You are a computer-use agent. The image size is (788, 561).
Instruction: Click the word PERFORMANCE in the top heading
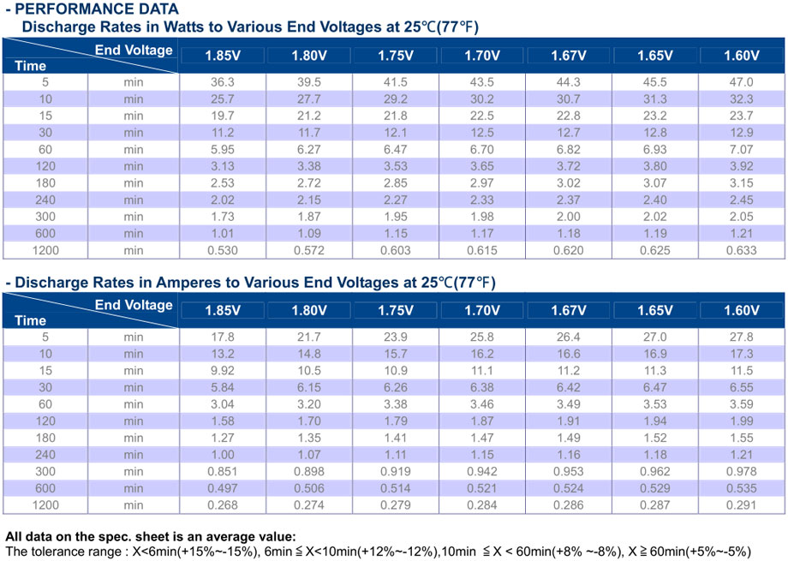coord(68,9)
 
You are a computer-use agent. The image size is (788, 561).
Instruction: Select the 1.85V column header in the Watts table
coord(223,56)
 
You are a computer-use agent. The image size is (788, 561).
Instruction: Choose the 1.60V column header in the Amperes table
coord(741,310)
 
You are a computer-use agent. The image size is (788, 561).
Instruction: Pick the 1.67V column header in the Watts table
coord(569,56)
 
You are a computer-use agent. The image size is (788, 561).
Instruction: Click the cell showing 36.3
coord(223,82)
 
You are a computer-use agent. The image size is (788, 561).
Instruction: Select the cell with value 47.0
coord(741,82)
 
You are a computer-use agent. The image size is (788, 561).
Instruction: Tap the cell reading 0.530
coord(223,250)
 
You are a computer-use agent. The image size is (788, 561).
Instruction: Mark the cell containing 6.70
coord(482,149)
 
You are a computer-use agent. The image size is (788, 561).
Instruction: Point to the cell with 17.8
coord(223,337)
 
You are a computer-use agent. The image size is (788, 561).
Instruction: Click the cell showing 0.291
coord(741,505)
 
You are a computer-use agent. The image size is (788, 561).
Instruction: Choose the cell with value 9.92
coord(223,371)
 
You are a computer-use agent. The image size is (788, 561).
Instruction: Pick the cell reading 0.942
coord(482,472)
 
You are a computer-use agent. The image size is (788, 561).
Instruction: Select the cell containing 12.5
coord(482,133)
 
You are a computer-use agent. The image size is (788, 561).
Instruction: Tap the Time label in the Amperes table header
coord(30,320)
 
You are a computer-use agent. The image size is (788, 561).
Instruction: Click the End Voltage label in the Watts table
coord(134,51)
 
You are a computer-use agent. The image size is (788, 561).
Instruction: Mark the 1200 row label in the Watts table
coord(45,250)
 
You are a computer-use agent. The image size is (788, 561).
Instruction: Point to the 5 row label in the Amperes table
coord(45,337)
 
